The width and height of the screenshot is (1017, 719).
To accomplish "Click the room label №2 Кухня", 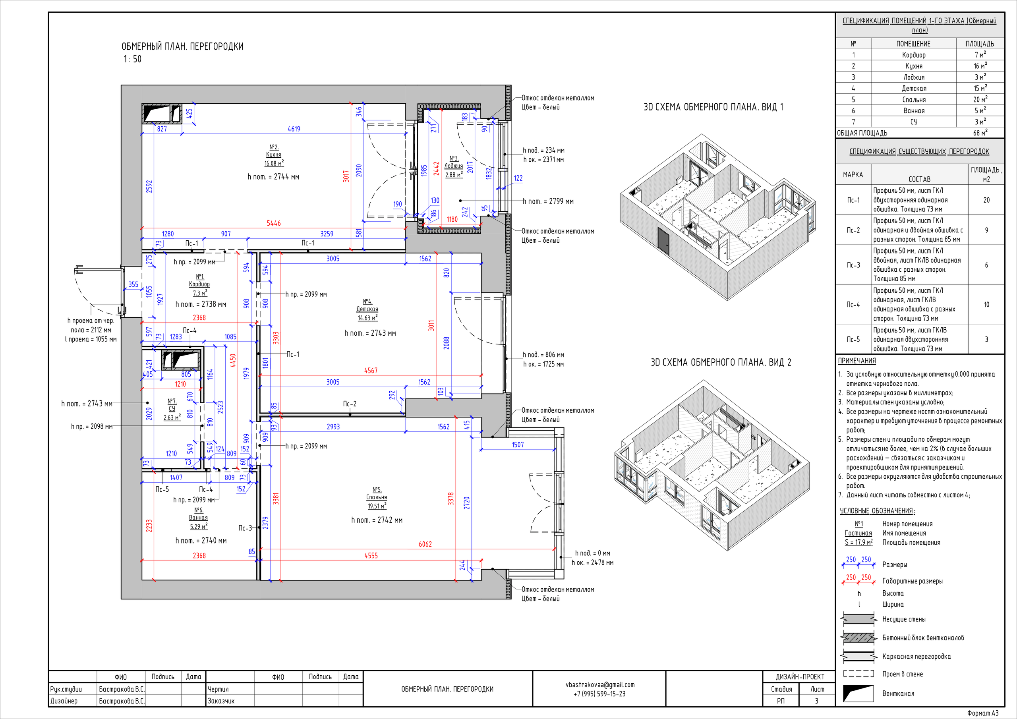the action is [x=274, y=151].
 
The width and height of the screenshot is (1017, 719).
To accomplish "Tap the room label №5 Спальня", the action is [x=377, y=493].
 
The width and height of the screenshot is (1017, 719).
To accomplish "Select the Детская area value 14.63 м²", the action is [x=367, y=318].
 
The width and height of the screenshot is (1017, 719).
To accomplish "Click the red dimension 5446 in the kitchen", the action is [x=274, y=223].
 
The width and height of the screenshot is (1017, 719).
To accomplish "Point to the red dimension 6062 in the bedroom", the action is [x=425, y=544].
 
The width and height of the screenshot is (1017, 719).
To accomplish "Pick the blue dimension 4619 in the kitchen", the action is [x=294, y=129].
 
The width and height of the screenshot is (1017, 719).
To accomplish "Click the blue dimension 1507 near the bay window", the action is [x=518, y=445].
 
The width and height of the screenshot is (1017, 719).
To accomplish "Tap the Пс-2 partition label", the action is [x=350, y=404].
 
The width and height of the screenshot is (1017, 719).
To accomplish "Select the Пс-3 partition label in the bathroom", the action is [x=245, y=528].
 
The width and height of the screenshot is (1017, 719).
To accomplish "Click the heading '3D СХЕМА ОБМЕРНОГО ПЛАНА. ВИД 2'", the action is [x=721, y=362].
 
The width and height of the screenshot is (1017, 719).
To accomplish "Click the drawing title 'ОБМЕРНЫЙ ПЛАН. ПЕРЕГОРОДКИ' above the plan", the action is [x=182, y=46].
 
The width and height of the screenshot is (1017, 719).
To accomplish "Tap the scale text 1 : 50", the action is [x=132, y=59].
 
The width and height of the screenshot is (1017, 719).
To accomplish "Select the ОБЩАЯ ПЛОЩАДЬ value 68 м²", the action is [x=980, y=132].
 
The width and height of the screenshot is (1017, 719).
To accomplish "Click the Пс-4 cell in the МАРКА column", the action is [x=853, y=304].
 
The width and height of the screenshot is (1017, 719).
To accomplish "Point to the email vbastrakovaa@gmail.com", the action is [x=600, y=684].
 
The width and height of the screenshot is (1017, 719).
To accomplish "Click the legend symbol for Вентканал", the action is [x=858, y=693].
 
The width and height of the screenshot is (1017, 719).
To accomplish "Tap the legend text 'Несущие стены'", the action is [x=904, y=619].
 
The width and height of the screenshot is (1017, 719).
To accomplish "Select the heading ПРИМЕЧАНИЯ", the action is [x=857, y=361].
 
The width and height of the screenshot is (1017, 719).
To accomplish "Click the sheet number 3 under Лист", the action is [x=816, y=701].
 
